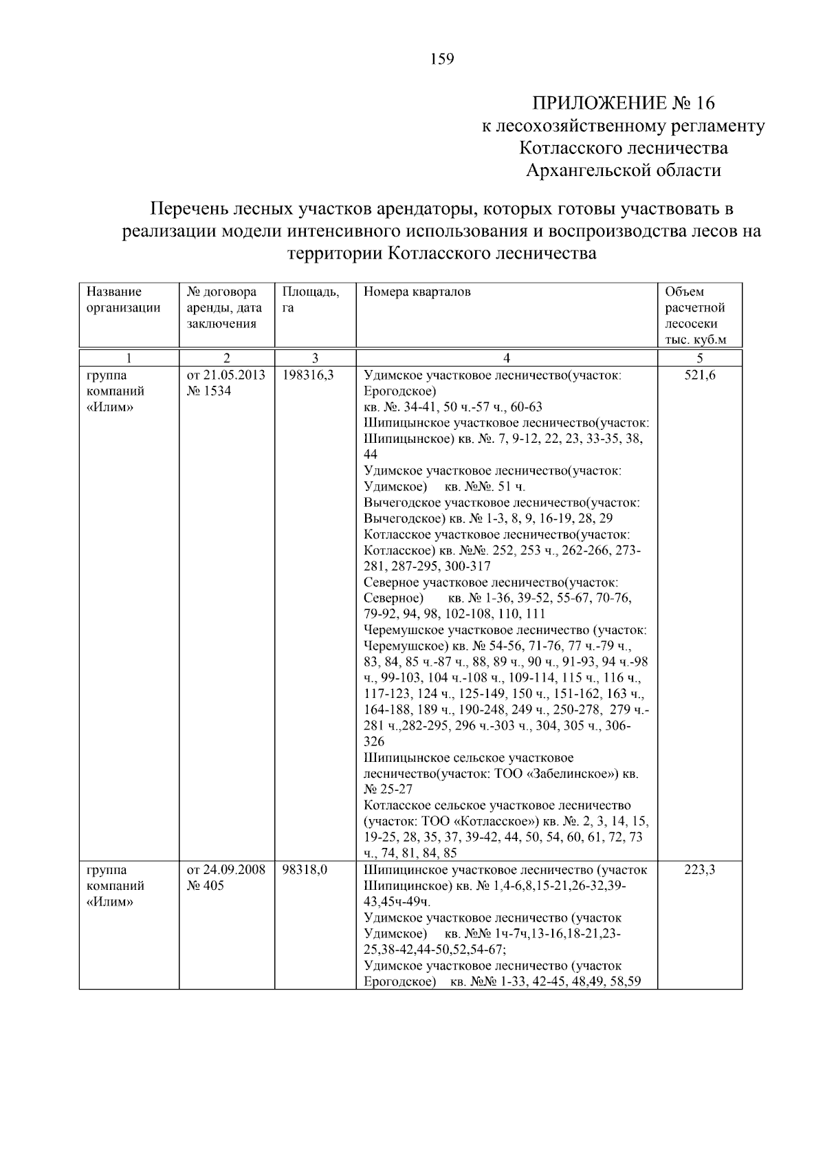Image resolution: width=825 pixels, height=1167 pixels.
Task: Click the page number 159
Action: point(442,59)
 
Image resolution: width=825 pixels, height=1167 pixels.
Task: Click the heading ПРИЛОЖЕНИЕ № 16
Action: point(624,103)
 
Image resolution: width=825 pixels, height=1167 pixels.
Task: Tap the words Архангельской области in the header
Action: point(624,170)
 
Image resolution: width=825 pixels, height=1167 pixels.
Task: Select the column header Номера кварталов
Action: point(417,292)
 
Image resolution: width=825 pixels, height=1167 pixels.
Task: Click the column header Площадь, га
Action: point(310,300)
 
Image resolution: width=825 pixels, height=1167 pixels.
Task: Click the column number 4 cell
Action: point(507,358)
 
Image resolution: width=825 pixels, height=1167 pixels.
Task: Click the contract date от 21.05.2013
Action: point(225,375)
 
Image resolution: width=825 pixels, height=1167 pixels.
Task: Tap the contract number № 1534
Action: point(209,391)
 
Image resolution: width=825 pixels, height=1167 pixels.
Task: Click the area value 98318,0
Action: point(305,870)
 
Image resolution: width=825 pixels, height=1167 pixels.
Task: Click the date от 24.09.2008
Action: point(225,870)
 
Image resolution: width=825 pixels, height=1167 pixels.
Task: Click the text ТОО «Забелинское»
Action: point(558,774)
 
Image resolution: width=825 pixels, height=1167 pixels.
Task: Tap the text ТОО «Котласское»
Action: point(484,822)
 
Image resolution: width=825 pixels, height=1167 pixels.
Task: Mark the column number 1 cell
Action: point(129,358)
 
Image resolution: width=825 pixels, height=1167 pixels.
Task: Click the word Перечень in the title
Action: point(188,208)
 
